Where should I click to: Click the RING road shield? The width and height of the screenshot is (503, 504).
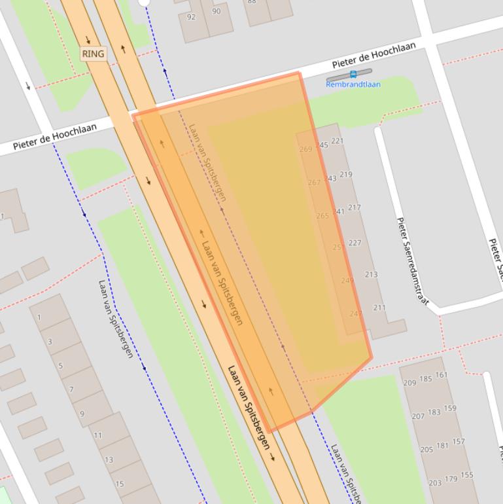pyautogui.click(x=93, y=54)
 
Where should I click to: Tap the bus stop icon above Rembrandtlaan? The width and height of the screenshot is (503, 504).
pyautogui.click(x=353, y=75)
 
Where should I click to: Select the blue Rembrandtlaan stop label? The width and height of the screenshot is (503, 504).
pyautogui.click(x=353, y=84)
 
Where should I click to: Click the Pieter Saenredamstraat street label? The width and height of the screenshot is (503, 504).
pyautogui.click(x=413, y=261)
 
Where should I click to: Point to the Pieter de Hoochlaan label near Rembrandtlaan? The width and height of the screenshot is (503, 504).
pyautogui.click(x=373, y=56)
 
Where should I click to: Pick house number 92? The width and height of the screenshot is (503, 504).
pyautogui.click(x=191, y=17)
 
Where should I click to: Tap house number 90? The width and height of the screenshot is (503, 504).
pyautogui.click(x=216, y=11)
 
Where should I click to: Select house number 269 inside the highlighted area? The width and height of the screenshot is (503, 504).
pyautogui.click(x=305, y=149)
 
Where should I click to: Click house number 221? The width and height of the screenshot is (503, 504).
pyautogui.click(x=337, y=141)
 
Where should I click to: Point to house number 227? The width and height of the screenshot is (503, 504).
pyautogui.click(x=355, y=243)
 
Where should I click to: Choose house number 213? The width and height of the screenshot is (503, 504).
pyautogui.click(x=371, y=275)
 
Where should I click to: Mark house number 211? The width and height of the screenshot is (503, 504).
pyautogui.click(x=379, y=308)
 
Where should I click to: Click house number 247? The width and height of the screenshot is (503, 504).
pyautogui.click(x=355, y=314)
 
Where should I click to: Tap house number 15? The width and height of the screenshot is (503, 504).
pyautogui.click(x=120, y=484)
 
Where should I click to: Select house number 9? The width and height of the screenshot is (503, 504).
pyautogui.click(x=82, y=414)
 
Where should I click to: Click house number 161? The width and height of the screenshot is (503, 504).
pyautogui.click(x=442, y=375)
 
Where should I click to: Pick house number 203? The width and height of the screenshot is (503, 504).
pyautogui.click(x=435, y=483)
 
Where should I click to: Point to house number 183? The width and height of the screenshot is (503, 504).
pyautogui.click(x=434, y=412)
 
